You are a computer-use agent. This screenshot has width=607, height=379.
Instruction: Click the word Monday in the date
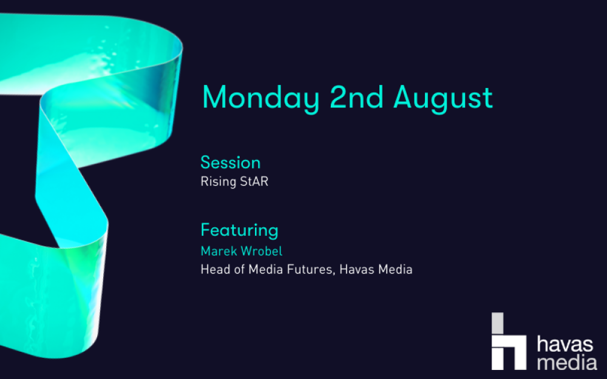click(x=260, y=98)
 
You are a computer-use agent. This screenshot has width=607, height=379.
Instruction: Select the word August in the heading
click(x=443, y=99)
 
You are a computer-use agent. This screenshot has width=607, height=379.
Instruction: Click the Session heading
click(x=230, y=163)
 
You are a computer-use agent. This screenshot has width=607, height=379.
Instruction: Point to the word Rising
click(x=216, y=182)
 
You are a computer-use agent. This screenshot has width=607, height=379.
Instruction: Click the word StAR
click(x=252, y=181)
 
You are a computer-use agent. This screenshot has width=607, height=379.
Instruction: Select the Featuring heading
click(x=239, y=230)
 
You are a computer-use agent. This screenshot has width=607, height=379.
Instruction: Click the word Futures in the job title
click(x=311, y=270)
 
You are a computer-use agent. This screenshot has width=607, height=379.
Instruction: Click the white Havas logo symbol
click(x=509, y=341)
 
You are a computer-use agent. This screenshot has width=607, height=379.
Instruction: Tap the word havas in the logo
click(x=565, y=344)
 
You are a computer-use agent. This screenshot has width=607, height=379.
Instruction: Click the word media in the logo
click(x=567, y=362)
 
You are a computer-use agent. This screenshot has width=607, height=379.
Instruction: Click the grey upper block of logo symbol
click(x=498, y=323)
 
